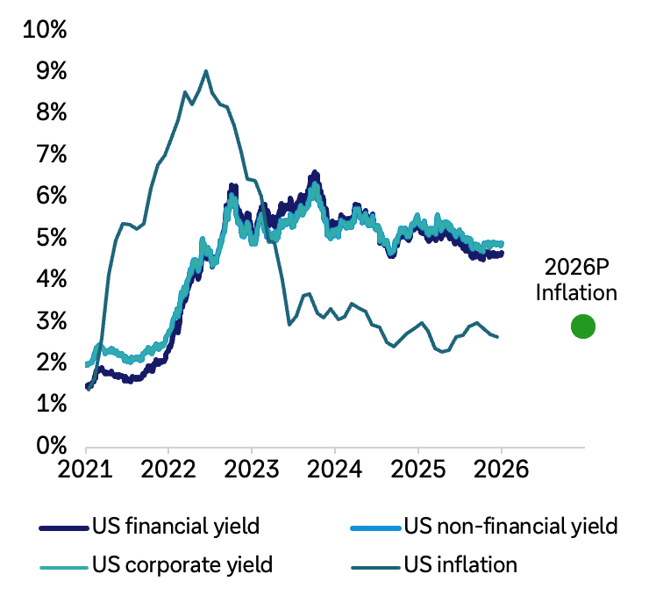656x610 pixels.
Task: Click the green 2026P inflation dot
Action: click(x=583, y=327)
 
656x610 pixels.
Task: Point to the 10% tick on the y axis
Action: click(x=46, y=30)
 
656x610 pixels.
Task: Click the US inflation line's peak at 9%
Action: click(x=206, y=71)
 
